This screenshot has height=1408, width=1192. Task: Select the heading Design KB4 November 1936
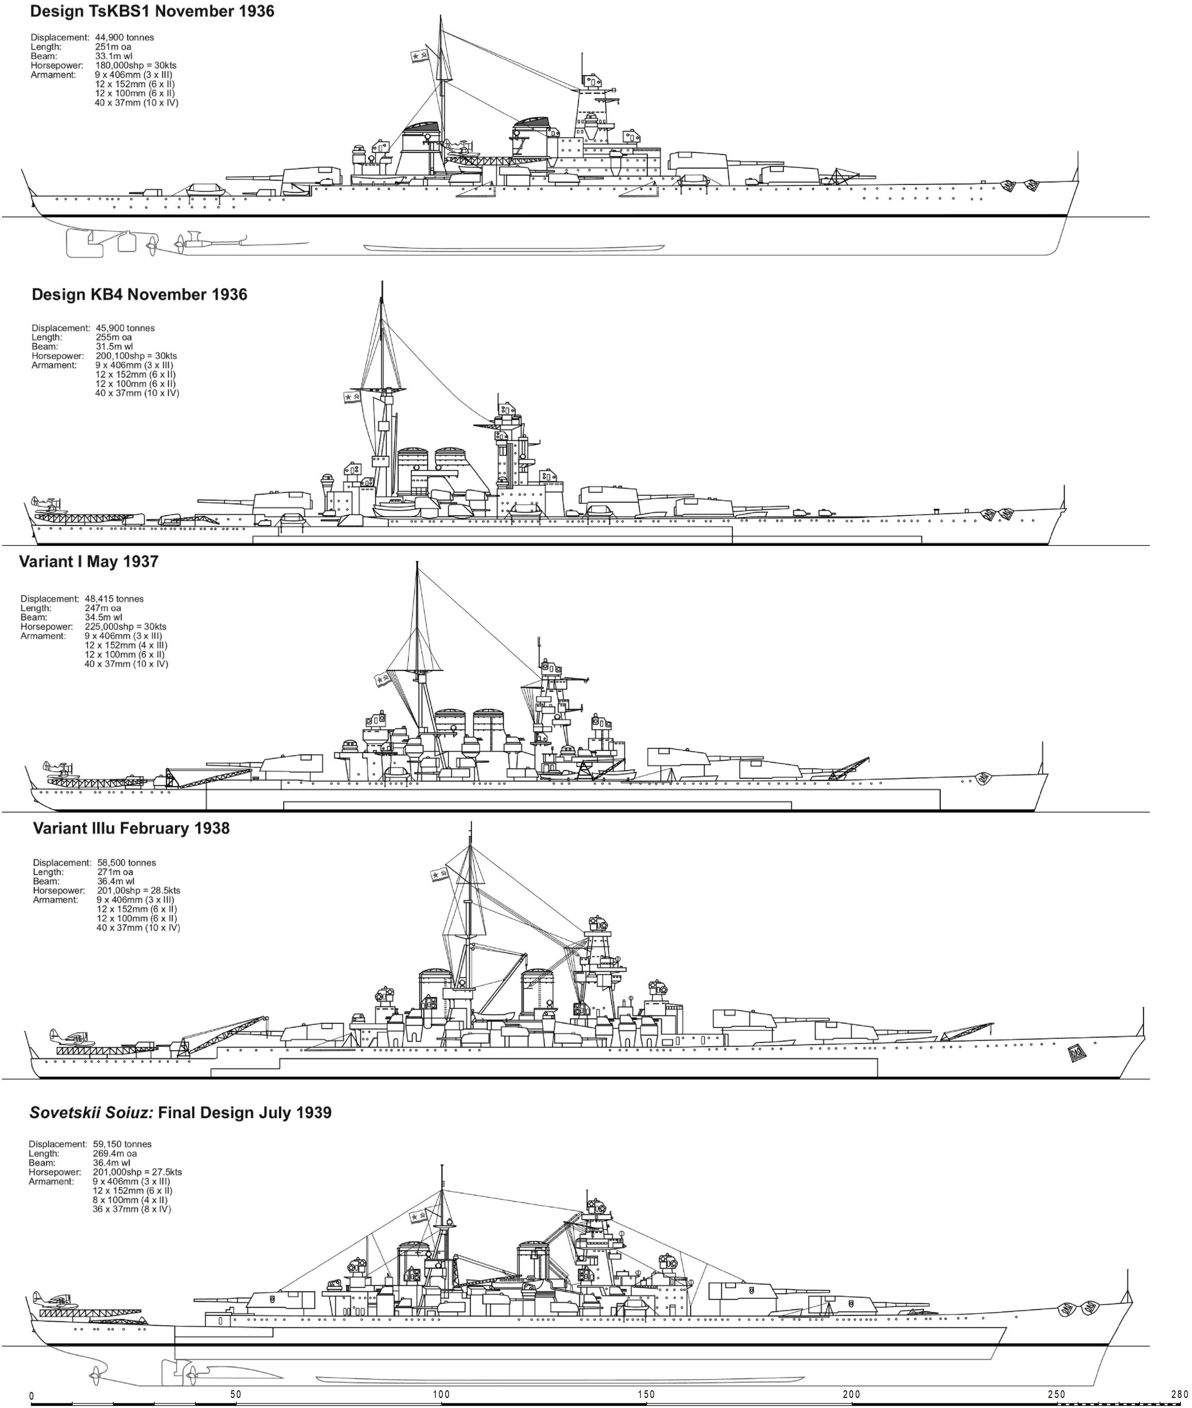coord(139,295)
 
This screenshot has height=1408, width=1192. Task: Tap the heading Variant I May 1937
coord(89,562)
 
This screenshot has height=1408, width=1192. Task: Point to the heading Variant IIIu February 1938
coord(131,828)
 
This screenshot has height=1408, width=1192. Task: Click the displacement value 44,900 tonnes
coord(124,38)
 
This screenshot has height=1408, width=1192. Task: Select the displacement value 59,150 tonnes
coord(122,1144)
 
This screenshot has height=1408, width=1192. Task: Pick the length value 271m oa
coord(116,872)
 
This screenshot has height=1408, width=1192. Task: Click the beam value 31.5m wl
coord(114,347)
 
